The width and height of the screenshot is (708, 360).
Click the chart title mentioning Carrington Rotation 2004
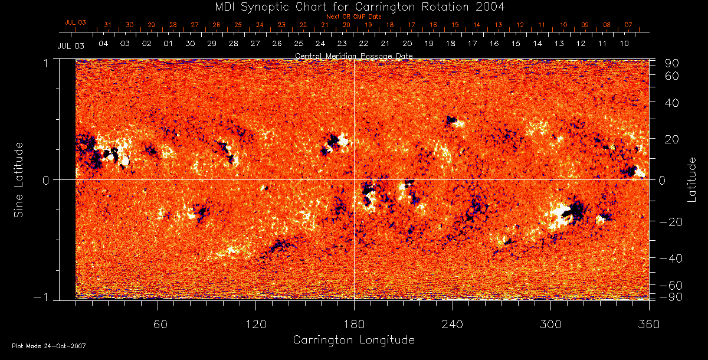tap(353, 7)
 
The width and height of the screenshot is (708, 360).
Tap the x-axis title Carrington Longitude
tap(353, 340)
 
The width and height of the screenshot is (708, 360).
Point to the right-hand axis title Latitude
tap(692, 179)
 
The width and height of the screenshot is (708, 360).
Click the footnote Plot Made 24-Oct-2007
tap(49, 346)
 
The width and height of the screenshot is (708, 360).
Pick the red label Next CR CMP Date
tap(354, 17)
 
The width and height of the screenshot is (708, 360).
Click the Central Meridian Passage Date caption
tap(353, 55)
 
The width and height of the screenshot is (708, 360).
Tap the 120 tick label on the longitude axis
tap(256, 324)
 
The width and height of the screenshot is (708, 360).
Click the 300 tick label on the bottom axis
tap(550, 324)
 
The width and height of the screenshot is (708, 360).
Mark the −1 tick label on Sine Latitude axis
tap(42, 297)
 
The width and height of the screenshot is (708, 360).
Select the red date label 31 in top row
tap(107, 25)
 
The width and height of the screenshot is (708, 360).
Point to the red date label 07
tap(628, 25)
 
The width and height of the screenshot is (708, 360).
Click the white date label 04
tap(103, 44)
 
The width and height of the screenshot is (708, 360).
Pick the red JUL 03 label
tap(75, 22)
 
